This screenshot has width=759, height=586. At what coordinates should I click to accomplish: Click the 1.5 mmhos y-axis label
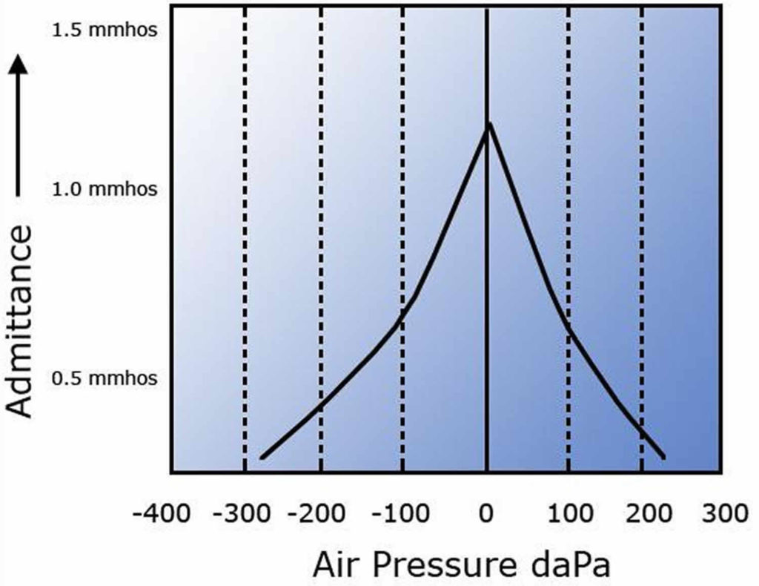pos(104,32)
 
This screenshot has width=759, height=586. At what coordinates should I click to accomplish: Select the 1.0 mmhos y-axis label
pos(104,189)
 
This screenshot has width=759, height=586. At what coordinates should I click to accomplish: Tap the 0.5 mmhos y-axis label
pos(104,378)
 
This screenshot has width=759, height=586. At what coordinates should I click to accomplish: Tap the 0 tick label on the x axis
pos(487,513)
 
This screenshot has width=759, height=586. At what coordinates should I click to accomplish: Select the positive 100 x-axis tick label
pos(569,513)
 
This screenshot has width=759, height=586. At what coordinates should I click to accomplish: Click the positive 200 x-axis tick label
pos(643,513)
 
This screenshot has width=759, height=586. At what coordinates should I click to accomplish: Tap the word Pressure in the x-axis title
pos(443,565)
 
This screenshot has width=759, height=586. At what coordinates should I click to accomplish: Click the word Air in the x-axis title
pos(338,565)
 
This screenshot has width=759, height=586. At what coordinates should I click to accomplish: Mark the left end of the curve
pos(262,458)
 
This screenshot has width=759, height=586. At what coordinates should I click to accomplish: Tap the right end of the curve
pos(663,458)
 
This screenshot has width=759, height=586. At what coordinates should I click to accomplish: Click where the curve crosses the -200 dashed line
pos(320,407)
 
